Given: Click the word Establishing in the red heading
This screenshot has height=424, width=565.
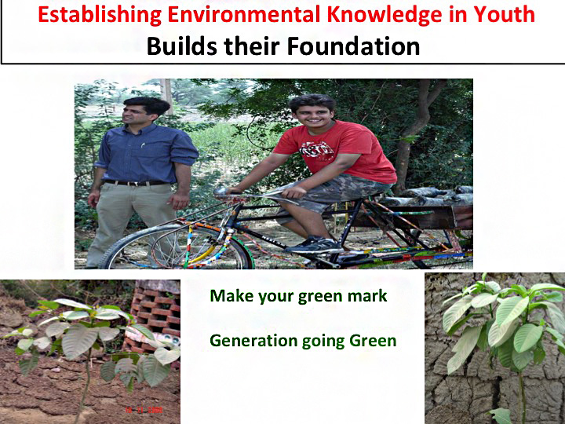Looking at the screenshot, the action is (x=100, y=15).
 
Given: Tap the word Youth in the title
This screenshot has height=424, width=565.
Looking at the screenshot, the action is (x=504, y=14).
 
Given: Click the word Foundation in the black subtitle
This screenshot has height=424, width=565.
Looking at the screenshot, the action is (x=353, y=46).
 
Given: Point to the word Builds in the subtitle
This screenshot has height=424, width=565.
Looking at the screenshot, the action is (x=181, y=46).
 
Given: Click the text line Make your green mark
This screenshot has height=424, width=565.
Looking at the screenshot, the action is (x=298, y=296).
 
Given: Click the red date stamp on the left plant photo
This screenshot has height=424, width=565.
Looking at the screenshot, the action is (x=144, y=410).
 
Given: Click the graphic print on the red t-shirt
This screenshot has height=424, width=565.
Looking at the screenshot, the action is (x=316, y=150).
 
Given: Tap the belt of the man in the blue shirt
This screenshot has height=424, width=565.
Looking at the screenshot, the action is (x=136, y=183).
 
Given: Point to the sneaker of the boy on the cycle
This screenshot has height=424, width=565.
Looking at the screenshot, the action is (x=313, y=245).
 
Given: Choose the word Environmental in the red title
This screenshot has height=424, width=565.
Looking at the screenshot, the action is (x=244, y=14).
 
